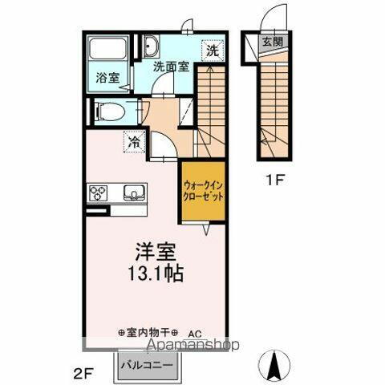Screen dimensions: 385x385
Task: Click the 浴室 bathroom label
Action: (107, 79)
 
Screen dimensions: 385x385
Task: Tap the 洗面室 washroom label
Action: (172, 67)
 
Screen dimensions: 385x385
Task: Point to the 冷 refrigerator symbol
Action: (134, 142)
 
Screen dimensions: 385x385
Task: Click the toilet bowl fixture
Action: (107, 111)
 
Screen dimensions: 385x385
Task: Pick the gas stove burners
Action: (99, 192)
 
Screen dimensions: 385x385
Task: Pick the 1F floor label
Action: (275, 181)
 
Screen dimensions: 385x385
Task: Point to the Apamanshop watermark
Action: (189, 346)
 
